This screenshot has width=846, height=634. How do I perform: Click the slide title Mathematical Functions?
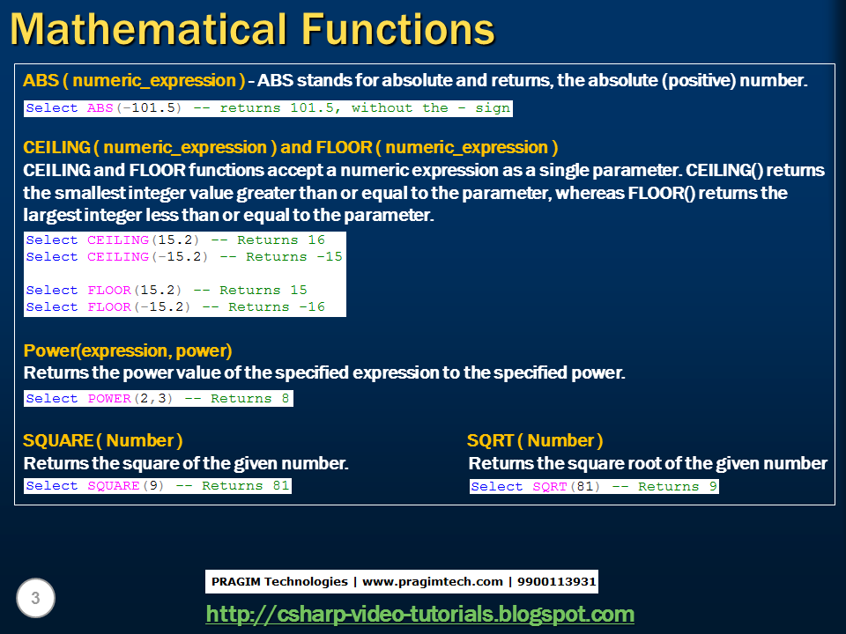tap(252, 28)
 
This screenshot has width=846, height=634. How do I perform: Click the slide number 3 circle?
tap(35, 599)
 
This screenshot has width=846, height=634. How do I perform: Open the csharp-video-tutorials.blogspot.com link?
tap(419, 614)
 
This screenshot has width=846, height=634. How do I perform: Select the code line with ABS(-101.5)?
tap(267, 108)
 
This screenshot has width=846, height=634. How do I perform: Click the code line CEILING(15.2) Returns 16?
tap(175, 240)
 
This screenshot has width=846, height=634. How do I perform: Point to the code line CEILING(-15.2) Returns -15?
tap(184, 257)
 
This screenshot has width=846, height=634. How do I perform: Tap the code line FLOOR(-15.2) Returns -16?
tap(175, 306)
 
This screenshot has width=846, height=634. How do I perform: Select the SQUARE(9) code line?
tap(158, 486)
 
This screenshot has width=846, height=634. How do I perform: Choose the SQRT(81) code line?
tap(594, 487)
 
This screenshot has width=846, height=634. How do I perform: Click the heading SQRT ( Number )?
tap(535, 440)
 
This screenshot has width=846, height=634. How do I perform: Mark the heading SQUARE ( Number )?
tap(103, 440)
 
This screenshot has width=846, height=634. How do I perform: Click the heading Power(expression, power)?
tap(128, 351)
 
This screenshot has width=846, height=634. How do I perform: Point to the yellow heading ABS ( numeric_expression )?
tap(134, 80)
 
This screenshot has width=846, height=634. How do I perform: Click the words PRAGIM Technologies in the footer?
tap(279, 581)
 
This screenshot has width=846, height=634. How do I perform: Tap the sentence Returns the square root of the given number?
tap(648, 463)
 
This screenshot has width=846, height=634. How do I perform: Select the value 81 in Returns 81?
tap(280, 486)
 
